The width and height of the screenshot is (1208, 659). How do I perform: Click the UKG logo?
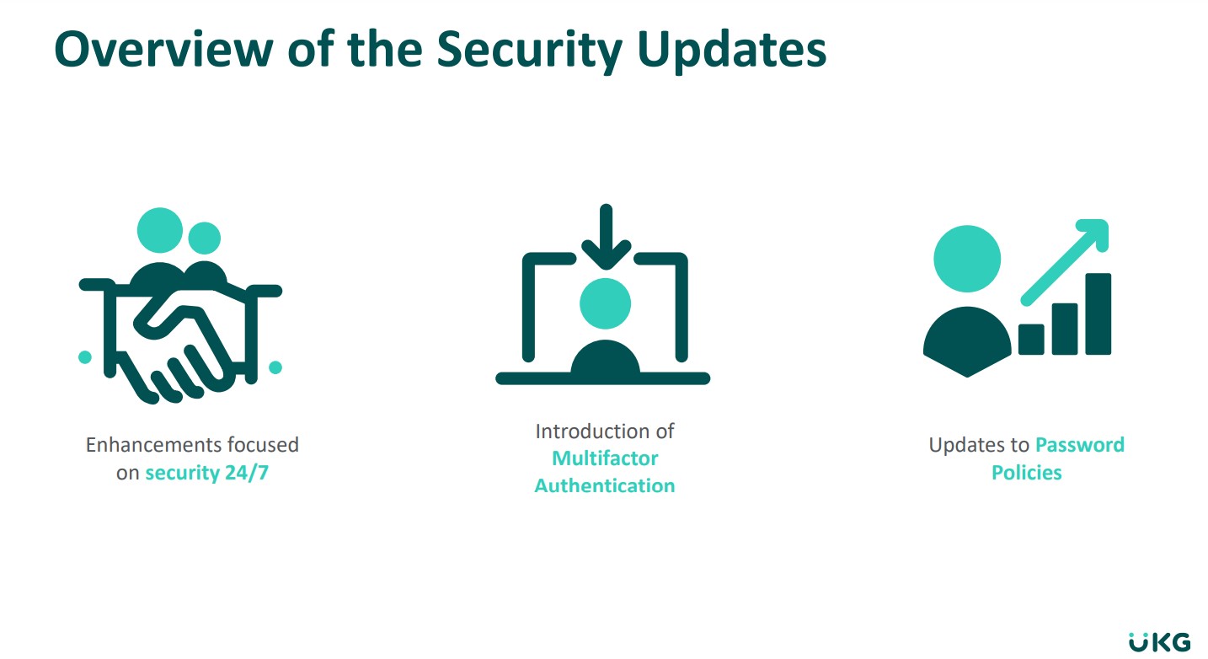tap(1159, 642)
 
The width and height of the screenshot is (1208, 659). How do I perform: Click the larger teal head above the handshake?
tap(159, 230)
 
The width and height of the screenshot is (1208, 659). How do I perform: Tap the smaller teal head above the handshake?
tap(205, 238)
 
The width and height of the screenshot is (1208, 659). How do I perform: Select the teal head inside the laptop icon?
tap(605, 303)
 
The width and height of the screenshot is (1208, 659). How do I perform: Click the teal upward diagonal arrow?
tap(1065, 262)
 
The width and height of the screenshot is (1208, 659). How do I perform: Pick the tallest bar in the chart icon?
tap(1098, 313)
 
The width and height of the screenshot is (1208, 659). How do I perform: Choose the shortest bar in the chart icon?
tap(1031, 340)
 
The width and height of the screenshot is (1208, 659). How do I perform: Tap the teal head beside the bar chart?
tap(967, 259)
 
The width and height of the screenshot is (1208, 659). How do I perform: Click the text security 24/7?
tap(207, 473)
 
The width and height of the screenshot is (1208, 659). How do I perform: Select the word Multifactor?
tap(605, 458)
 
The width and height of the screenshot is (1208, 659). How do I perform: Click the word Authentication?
tap(605, 486)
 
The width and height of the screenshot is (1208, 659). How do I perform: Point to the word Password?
tap(1080, 445)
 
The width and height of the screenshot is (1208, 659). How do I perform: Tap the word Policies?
tap(1027, 473)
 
